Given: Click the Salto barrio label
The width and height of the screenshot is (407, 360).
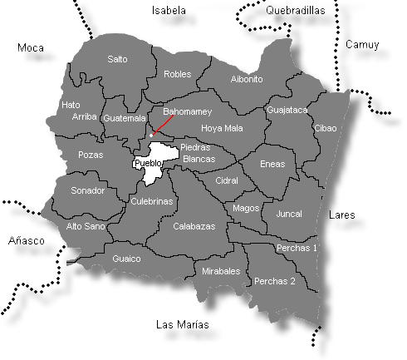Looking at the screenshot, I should click(x=118, y=59).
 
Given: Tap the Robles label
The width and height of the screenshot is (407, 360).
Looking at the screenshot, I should click(x=178, y=74).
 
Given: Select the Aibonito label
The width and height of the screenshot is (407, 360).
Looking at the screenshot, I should click(x=246, y=79).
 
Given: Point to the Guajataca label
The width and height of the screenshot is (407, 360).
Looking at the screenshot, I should click(x=287, y=110).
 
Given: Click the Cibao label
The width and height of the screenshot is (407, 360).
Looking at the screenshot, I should click(x=326, y=128).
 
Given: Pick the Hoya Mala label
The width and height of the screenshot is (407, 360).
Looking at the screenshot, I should click(x=222, y=129).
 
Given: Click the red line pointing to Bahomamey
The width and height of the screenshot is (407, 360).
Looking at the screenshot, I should click(x=163, y=126).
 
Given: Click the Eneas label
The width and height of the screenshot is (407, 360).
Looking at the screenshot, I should click(x=272, y=165).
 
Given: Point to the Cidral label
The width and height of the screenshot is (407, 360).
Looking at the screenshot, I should click(x=227, y=180).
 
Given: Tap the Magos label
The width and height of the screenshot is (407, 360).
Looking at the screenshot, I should click(x=246, y=208).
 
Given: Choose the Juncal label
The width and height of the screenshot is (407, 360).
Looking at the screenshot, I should click(x=288, y=214).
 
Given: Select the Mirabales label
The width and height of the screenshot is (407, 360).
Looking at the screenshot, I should click(x=221, y=271).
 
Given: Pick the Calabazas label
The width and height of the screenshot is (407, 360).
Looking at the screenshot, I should click(x=194, y=226).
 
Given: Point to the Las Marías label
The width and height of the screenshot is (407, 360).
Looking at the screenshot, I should click(x=183, y=324).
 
